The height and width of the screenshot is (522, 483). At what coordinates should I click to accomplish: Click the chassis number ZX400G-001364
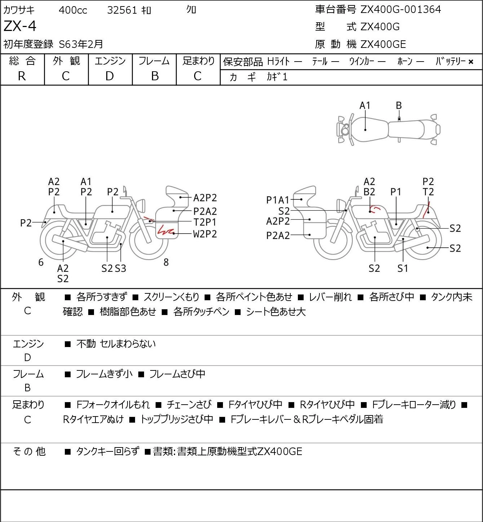pos(401,9)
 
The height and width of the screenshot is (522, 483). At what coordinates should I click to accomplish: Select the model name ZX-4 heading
pos(20,26)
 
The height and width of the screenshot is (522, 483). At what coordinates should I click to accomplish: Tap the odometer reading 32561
pos(122,10)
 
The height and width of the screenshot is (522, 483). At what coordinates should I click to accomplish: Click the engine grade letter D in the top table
pos(110,76)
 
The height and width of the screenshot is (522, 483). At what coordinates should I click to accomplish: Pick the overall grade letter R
pos(22,76)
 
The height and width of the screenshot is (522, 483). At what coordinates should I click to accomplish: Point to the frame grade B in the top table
pos(155,76)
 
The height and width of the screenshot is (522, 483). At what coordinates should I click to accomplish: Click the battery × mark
pos(471,62)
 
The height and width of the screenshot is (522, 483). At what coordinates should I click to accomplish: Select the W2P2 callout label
pos(205,234)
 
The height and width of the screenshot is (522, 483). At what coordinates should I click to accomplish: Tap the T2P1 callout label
pos(205,222)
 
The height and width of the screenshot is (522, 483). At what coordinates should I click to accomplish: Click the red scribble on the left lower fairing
pos(165,230)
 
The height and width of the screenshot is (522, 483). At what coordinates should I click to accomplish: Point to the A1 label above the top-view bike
pos(365,106)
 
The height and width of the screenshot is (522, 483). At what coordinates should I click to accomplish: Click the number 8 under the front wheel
pos(166,262)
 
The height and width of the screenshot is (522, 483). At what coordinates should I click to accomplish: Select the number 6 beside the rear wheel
pos(41,262)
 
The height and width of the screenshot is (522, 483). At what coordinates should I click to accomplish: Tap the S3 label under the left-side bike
pos(121,268)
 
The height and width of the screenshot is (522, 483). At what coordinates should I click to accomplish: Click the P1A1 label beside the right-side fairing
pos(278,200)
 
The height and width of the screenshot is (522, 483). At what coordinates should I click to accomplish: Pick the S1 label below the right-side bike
pos(403,268)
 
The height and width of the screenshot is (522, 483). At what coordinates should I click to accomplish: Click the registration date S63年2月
pos(81,44)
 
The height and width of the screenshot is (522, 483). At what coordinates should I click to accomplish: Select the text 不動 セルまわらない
pos(116,344)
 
